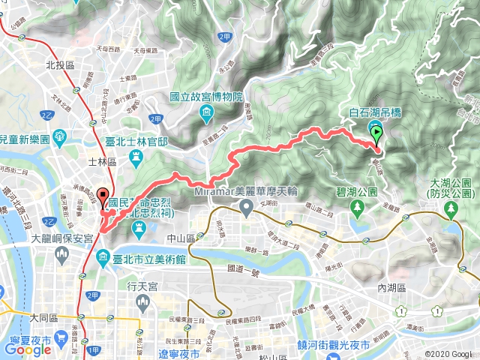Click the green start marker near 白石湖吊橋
click(x=376, y=135)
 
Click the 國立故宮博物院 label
click(x=206, y=97)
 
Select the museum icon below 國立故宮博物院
click(x=206, y=112)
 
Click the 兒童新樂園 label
click(x=25, y=140)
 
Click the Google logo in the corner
click(x=27, y=349)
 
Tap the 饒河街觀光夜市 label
click(x=325, y=345)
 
